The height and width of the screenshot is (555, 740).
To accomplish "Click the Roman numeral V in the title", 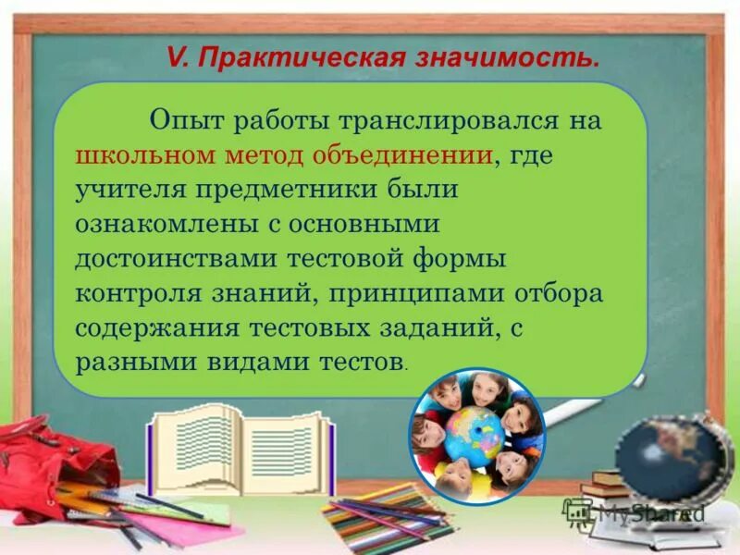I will point(177,58).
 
